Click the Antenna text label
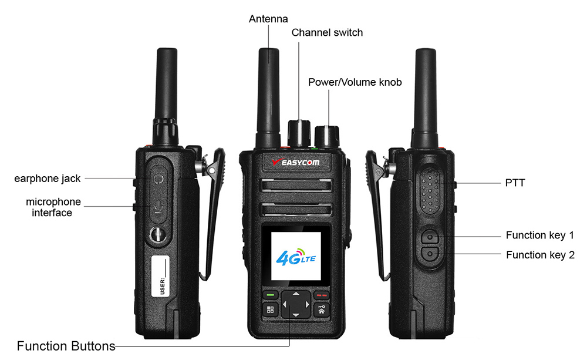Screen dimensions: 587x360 (268, 19)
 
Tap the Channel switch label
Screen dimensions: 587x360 (327, 32)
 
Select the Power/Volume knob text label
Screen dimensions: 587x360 (355, 82)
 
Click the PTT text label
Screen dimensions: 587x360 (515, 183)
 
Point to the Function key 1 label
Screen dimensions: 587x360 (540, 235)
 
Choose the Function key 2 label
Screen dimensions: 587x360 (540, 255)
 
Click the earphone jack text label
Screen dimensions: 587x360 (47, 179)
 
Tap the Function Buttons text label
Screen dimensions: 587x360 (66, 346)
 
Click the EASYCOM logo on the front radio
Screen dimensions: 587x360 (296, 162)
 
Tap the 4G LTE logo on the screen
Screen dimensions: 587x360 (296, 257)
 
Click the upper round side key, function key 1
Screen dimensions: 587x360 (430, 237)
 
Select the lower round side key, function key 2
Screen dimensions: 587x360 (430, 254)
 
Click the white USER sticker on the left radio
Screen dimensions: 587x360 (160, 275)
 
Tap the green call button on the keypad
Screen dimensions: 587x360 (270, 295)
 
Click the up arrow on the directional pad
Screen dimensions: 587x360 (296, 294)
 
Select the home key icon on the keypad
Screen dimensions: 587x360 (322, 309)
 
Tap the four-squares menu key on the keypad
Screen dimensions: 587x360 (270, 309)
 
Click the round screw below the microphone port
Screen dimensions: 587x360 (157, 235)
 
